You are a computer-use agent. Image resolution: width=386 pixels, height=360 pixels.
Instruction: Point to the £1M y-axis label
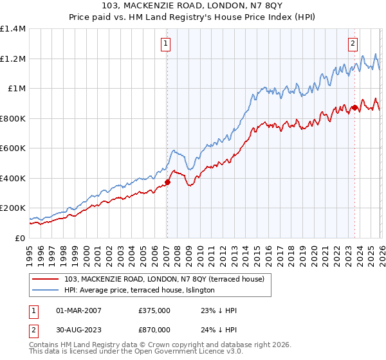pos(16,89)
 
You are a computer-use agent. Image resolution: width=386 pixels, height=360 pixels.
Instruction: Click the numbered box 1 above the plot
pos(165,44)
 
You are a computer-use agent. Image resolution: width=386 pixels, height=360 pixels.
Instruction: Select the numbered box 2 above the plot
pos(353,44)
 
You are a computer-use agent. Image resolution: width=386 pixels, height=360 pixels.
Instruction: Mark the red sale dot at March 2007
pos(167,182)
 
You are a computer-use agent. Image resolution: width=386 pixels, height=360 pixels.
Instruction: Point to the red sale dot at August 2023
pos(354,108)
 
